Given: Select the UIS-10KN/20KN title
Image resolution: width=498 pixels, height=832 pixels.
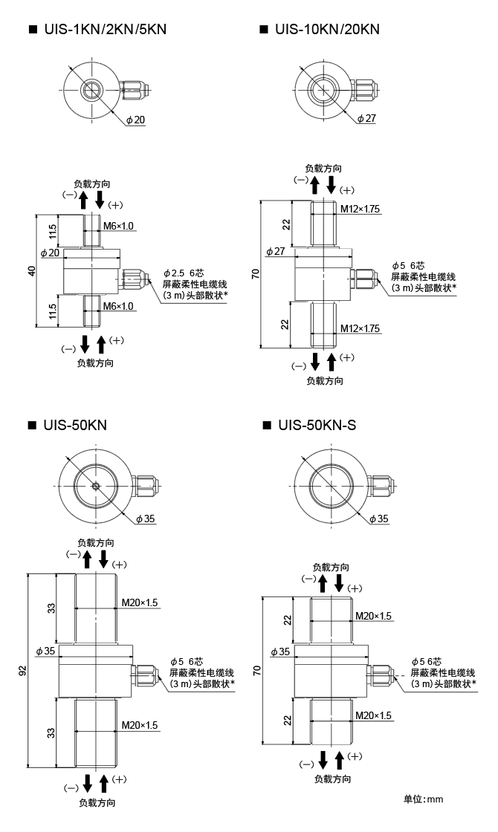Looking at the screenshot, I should pyautogui.click(x=326, y=30).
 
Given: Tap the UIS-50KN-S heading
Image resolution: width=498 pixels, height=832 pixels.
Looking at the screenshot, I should pyautogui.click(x=316, y=425).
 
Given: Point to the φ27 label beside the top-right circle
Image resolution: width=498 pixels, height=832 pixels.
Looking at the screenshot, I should pyautogui.click(x=366, y=118).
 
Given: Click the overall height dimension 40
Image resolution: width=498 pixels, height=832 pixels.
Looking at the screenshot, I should pyautogui.click(x=31, y=271).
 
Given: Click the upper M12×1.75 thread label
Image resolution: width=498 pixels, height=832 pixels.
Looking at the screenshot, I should pyautogui.click(x=360, y=209).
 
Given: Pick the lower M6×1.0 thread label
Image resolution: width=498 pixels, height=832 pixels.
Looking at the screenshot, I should pyautogui.click(x=118, y=306).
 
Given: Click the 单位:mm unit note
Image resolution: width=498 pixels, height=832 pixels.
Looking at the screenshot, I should pyautogui.click(x=423, y=799).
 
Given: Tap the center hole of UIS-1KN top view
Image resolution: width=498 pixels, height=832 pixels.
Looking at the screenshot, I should pyautogui.click(x=91, y=90).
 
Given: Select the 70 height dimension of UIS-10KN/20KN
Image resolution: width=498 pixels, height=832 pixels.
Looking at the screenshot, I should pyautogui.click(x=256, y=274).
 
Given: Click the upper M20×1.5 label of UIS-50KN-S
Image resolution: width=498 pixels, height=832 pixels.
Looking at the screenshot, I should pyautogui.click(x=373, y=616).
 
